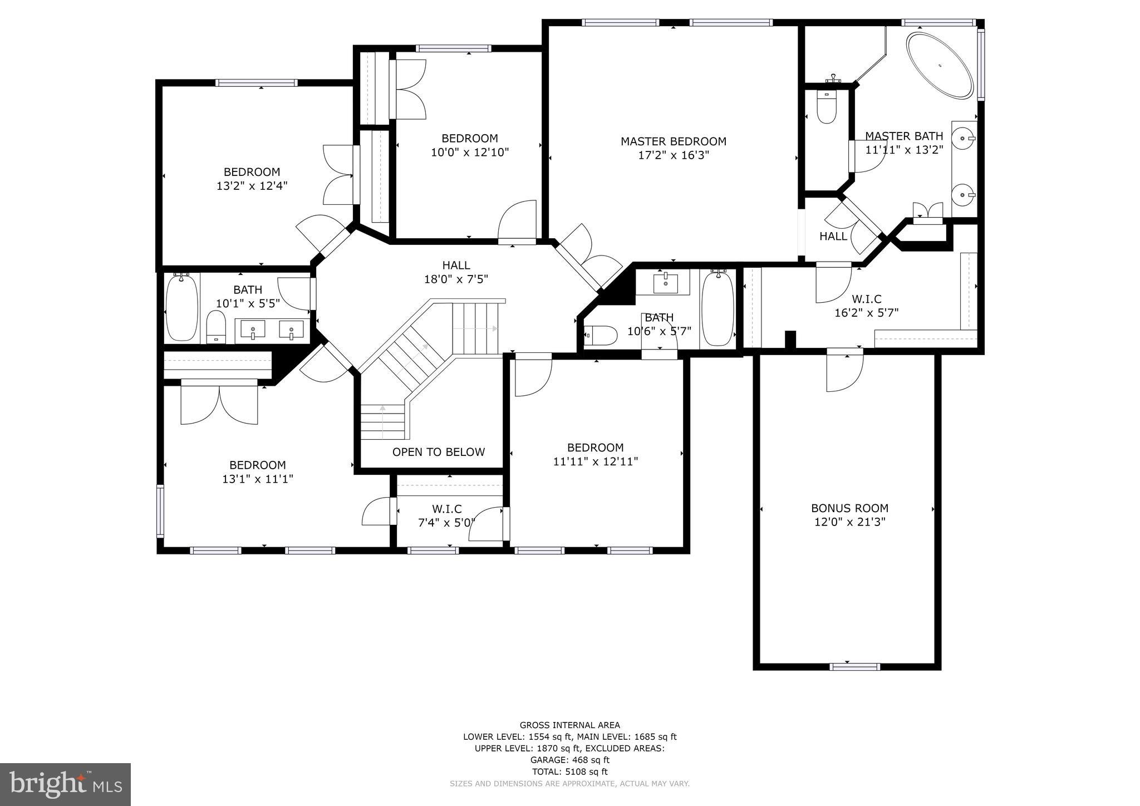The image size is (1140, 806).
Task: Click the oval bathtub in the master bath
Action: point(940,66)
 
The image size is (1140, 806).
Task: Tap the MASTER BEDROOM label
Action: point(673,141)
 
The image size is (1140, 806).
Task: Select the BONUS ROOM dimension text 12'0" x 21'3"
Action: point(849,522)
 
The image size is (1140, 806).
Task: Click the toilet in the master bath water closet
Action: point(827,107)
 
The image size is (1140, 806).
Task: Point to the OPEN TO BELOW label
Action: point(439,452)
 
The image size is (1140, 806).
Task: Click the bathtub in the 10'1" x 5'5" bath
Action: point(182,307)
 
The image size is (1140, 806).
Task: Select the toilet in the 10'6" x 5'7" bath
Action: point(602,336)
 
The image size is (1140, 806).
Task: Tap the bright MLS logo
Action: point(65,785)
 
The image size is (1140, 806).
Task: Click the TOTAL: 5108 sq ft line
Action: point(569,771)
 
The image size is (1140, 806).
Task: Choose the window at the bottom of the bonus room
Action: point(854,666)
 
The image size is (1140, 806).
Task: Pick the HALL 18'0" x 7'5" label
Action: point(456,272)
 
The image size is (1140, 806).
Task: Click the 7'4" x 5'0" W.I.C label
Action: point(447,516)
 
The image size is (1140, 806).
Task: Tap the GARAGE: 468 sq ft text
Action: point(569,760)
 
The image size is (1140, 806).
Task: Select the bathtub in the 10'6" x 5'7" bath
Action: point(718,308)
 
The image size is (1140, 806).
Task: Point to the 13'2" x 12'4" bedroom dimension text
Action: point(252,186)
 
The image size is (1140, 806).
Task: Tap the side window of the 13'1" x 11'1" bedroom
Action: point(160,510)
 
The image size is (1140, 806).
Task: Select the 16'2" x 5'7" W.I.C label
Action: point(866,306)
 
